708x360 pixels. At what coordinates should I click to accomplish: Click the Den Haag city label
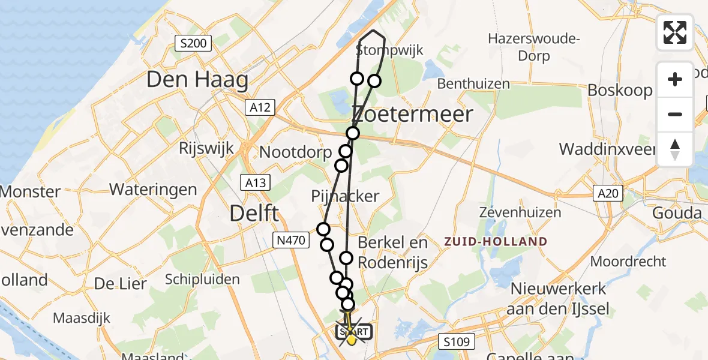pos(197,80)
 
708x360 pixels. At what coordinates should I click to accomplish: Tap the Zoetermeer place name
pos(412,114)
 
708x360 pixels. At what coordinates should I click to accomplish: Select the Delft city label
pos(255,212)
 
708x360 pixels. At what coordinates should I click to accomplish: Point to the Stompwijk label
pos(389,50)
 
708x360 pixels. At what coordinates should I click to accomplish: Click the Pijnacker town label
pos(345,196)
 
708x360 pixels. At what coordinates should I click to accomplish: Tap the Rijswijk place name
pos(206,148)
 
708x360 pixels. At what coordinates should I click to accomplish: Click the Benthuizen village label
pos(473,84)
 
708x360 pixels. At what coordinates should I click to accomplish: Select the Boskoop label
pos(620,90)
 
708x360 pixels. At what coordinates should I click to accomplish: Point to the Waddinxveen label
pos(607,148)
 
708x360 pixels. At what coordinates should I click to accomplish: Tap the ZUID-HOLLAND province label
pos(495,242)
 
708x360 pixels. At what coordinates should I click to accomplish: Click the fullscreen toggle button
pos(675,32)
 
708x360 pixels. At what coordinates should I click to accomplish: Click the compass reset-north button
pos(675,149)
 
